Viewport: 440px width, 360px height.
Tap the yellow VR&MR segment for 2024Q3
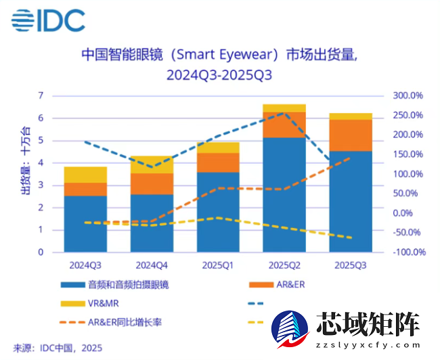click(85, 175)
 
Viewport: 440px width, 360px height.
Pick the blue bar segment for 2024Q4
click(152, 223)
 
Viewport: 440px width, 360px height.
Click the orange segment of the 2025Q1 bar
click(217, 162)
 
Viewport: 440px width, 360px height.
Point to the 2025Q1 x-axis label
click(217, 265)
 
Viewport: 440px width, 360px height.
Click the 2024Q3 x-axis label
click(85, 265)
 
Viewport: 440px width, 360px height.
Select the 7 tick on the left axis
click(41, 95)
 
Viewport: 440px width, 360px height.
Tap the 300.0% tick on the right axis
click(408, 95)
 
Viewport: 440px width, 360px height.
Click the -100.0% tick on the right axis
click(408, 252)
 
